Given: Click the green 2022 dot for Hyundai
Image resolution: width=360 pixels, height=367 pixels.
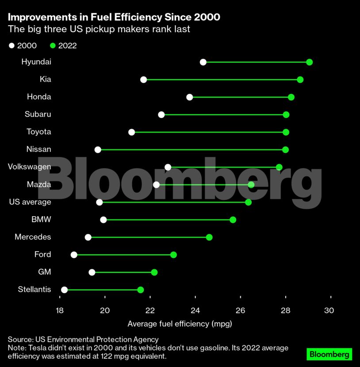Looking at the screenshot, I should point(309,62).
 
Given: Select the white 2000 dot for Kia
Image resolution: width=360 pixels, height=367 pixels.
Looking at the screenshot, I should point(143,80).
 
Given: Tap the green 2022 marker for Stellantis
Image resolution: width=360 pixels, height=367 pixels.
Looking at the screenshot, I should point(141,290).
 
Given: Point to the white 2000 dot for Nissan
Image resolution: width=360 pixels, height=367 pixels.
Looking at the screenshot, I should point(98,150).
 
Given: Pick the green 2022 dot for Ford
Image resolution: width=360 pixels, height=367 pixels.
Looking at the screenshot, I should point(173,255).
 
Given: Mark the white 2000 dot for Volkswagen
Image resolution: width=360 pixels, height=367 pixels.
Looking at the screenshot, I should point(168,167).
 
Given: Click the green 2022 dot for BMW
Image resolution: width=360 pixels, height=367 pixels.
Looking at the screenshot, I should point(233,220).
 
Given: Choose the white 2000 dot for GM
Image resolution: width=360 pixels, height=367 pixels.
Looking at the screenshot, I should point(92,272).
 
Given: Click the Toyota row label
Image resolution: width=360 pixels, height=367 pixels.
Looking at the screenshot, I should point(39,132).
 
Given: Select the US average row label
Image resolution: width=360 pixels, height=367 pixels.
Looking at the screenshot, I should point(30,202).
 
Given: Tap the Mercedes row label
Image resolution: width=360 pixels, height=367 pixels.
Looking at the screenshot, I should point(33,237).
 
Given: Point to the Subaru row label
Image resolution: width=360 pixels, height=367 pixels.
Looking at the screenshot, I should point(38,114).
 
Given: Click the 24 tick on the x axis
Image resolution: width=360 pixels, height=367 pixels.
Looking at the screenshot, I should point(195,310).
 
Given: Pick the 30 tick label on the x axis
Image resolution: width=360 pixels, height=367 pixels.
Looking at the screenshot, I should point(329,310).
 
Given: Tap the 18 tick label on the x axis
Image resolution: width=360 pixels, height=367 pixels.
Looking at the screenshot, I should point(60,310).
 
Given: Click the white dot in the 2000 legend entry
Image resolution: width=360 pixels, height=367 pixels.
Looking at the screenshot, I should point(11,46).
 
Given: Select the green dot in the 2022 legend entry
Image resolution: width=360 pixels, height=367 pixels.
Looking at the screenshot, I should point(52,46).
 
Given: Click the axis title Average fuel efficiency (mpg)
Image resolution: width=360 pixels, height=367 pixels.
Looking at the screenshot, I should point(180,324).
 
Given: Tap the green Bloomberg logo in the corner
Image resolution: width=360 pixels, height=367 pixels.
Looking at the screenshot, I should point(329,354).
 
